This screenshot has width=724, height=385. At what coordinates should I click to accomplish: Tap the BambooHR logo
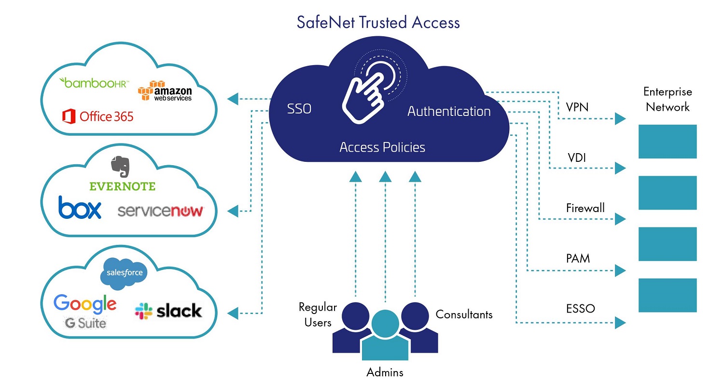click(94, 83)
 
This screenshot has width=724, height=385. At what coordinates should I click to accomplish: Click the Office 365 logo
click(98, 116)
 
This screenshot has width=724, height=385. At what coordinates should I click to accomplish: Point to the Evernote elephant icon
click(121, 165)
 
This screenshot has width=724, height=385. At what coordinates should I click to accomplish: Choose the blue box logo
click(80, 208)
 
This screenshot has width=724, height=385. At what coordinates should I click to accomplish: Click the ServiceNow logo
click(160, 211)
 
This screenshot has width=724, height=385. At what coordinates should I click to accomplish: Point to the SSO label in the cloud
click(299, 109)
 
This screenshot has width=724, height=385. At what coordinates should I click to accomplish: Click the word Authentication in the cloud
click(449, 112)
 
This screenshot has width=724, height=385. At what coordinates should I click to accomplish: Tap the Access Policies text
click(382, 147)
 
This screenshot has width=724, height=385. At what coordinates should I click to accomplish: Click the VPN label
click(577, 107)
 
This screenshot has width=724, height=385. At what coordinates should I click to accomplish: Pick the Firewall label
click(585, 208)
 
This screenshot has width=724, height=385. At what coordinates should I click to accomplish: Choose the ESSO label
click(580, 309)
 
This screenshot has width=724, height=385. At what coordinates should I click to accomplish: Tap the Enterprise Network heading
click(668, 100)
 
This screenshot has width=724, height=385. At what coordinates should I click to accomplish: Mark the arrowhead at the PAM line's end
click(620, 270)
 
